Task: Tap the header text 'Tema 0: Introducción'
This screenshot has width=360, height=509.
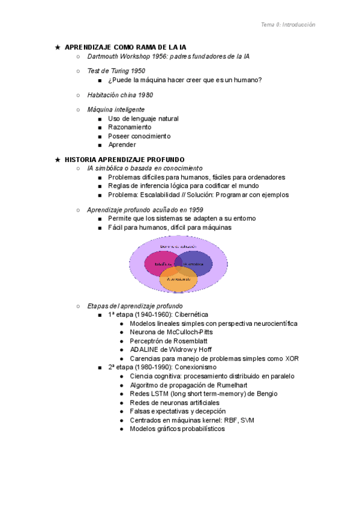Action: [288, 25]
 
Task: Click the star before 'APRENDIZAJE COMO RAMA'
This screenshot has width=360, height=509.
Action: [57, 47]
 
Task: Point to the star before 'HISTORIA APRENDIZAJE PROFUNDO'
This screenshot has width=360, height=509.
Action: [57, 160]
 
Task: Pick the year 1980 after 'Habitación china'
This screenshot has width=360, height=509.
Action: [145, 95]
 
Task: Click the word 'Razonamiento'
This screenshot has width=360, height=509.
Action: [130, 127]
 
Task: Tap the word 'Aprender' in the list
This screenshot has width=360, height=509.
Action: [122, 145]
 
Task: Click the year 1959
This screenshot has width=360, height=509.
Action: [196, 209]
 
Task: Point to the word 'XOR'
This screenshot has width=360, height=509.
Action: [292, 358]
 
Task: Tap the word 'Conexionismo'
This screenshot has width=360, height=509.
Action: [196, 367]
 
